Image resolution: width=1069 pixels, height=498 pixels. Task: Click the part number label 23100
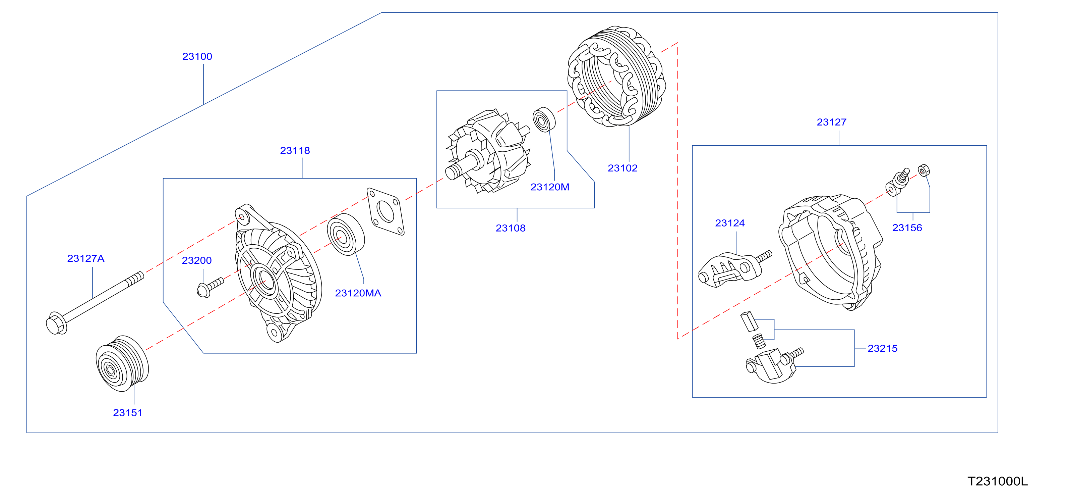(197, 56)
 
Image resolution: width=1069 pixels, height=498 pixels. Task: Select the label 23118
(295, 151)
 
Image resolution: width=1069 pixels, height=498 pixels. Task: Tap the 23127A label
(86, 259)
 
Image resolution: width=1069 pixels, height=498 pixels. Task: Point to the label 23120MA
(358, 293)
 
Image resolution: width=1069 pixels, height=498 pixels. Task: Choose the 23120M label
(550, 187)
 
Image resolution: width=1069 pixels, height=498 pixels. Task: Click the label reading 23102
(622, 168)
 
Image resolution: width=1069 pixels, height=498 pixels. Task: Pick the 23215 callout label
(883, 348)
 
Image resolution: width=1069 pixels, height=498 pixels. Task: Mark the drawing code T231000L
(998, 481)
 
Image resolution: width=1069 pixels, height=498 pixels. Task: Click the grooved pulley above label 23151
(122, 364)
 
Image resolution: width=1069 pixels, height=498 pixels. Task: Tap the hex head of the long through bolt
(56, 323)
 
